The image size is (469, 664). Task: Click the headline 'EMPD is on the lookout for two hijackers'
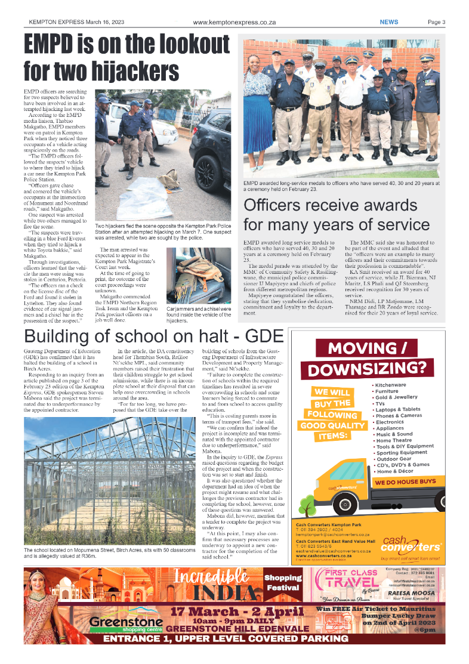point(126,58)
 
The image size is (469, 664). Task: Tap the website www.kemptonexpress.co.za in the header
point(234,22)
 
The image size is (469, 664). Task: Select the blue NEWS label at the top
point(388,22)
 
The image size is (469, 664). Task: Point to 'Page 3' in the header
point(436,22)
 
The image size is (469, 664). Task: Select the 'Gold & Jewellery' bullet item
point(396,397)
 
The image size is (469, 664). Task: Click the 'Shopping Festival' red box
point(283,582)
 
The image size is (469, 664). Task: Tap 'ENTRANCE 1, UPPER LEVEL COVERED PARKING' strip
point(234,640)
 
